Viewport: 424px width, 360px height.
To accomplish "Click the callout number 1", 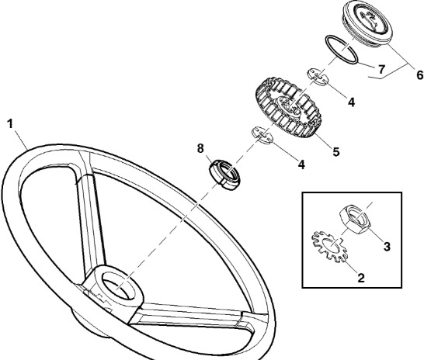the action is pyautogui.click(x=10, y=124).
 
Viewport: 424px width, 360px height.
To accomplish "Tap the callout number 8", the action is pyautogui.click(x=200, y=148).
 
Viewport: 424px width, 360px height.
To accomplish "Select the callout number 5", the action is pyautogui.click(x=335, y=152).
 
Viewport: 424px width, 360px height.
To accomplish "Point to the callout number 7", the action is pyautogui.click(x=381, y=69).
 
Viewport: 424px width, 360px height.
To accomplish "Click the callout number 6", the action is pyautogui.click(x=419, y=74).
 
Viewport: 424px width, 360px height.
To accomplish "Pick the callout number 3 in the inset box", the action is pyautogui.click(x=387, y=246).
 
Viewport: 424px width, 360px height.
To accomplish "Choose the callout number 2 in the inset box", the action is pyautogui.click(x=361, y=278).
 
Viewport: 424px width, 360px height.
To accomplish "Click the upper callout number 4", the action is pyautogui.click(x=351, y=102).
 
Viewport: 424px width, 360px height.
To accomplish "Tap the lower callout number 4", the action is pyautogui.click(x=301, y=164).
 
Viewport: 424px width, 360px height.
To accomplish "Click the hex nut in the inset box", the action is pyautogui.click(x=355, y=219).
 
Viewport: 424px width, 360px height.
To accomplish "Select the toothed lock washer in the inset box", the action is pyautogui.click(x=328, y=247).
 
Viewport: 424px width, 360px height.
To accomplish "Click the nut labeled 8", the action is pyautogui.click(x=224, y=175).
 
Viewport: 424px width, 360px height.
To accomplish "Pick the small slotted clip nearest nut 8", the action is pyautogui.click(x=262, y=135).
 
